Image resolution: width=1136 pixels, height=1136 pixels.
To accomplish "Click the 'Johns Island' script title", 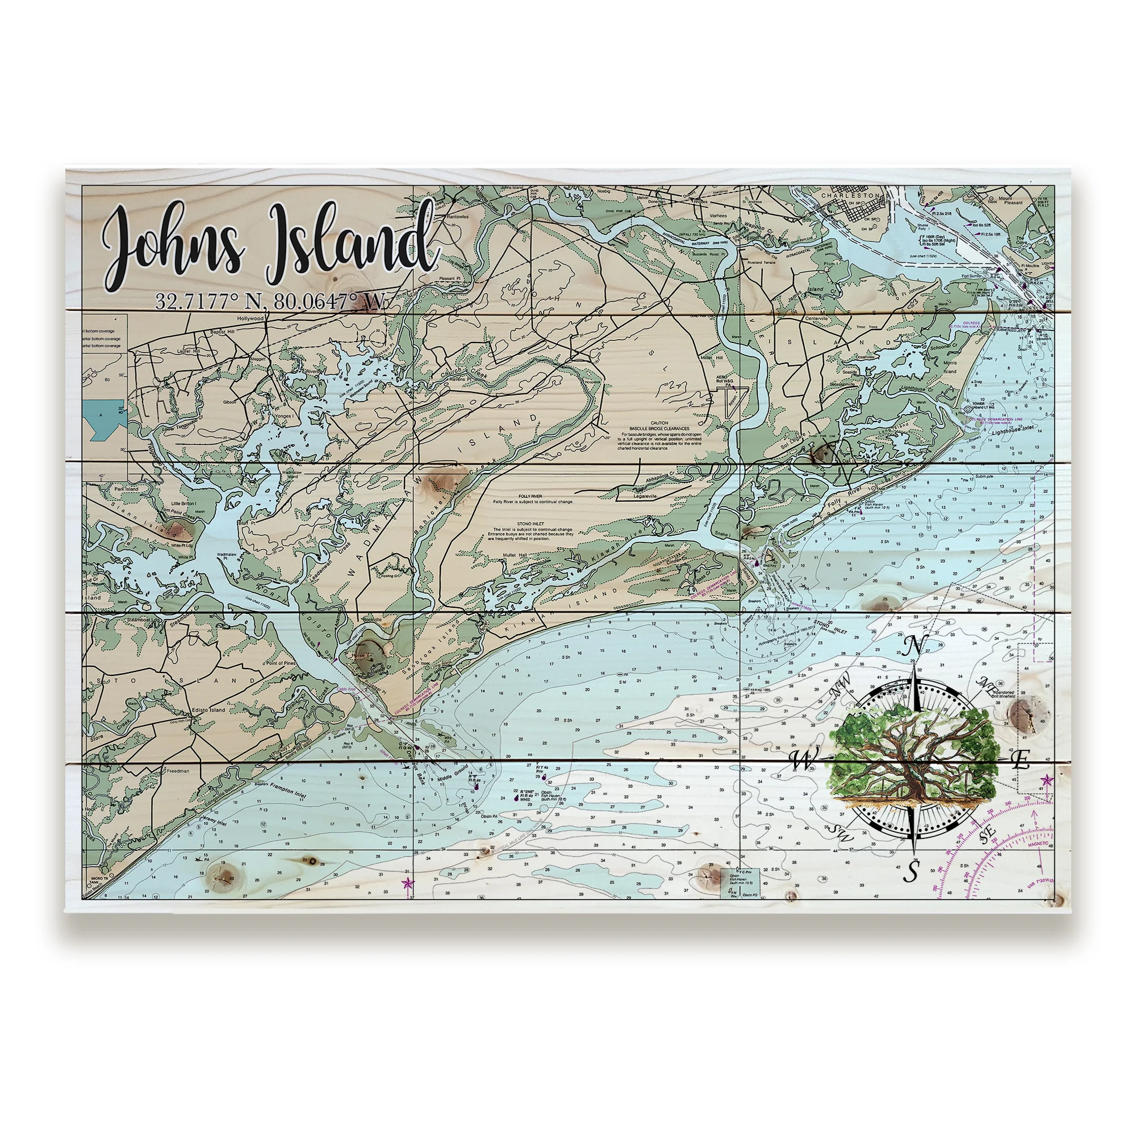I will pyautogui.click(x=270, y=247).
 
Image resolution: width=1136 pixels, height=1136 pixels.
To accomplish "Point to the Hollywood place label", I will pyautogui.click(x=250, y=318).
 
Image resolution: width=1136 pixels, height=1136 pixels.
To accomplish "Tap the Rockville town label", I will pyautogui.click(x=373, y=620).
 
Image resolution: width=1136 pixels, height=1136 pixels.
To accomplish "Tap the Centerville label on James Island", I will pyautogui.click(x=816, y=318).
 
